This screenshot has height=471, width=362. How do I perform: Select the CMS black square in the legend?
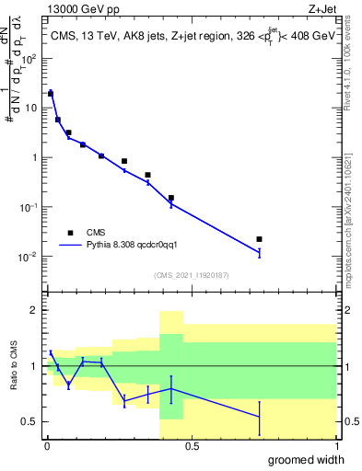coord(71,233)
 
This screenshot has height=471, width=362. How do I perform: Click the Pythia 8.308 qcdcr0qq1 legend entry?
coord(137,246)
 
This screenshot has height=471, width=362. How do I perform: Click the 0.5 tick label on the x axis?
coord(192,446)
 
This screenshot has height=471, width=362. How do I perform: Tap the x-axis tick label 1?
coord(335,446)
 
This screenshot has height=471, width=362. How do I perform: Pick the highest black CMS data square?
coord(51,93)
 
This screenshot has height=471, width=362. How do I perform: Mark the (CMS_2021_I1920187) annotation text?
coord(191,275)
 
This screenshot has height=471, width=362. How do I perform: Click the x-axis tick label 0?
coord(47,446)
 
